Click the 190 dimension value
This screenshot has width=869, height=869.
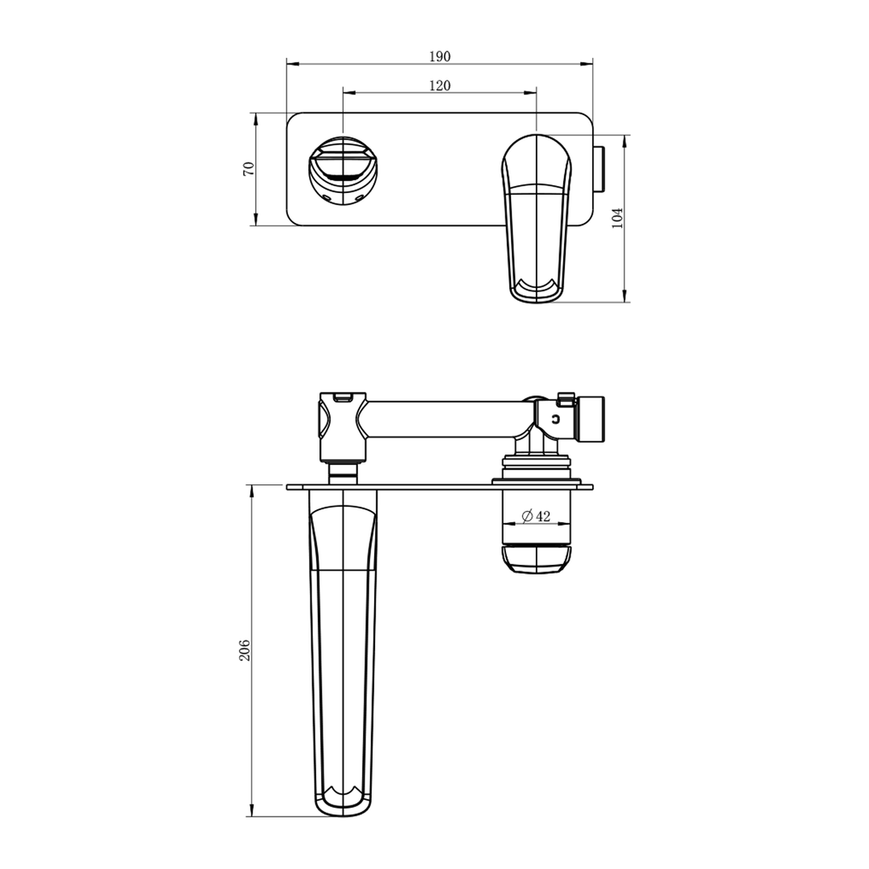[439, 56]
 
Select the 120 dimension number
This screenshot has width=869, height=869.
[439, 86]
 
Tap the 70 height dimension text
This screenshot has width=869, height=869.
[249, 169]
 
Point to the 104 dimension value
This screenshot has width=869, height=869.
[618, 218]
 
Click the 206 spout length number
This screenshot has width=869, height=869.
[245, 650]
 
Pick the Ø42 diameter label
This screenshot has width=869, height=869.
[536, 517]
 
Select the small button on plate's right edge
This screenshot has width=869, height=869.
[599, 169]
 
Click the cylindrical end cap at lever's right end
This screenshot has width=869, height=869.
[594, 418]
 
